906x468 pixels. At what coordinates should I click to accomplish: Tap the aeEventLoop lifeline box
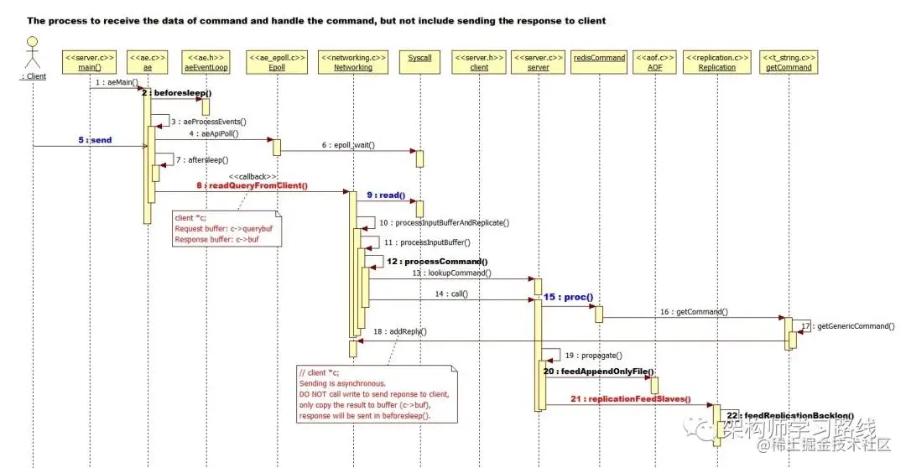(205, 61)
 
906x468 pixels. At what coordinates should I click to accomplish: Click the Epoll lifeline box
(277, 61)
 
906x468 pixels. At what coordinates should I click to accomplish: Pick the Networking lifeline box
(353, 61)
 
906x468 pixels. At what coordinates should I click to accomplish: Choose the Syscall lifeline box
(419, 61)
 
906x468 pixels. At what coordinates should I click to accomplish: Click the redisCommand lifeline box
(599, 61)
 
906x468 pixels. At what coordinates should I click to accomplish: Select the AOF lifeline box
(654, 61)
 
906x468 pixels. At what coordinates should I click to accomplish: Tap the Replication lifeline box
(716, 61)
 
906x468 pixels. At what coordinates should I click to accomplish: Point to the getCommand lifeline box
(789, 61)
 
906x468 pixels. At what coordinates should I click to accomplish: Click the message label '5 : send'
(95, 140)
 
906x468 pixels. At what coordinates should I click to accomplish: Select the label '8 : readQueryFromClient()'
(252, 185)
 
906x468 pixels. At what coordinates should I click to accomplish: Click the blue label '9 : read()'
(386, 195)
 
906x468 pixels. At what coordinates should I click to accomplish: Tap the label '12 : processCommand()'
(437, 262)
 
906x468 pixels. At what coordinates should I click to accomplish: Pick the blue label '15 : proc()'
(568, 297)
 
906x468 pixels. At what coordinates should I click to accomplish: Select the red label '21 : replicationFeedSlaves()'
(631, 399)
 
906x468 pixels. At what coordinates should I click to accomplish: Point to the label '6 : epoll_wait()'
(348, 145)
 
